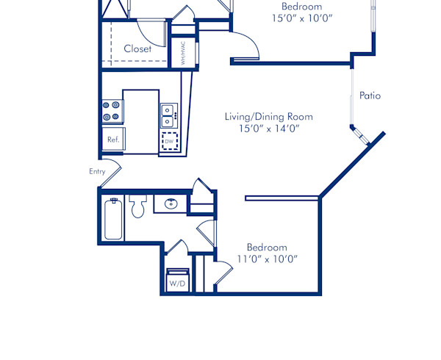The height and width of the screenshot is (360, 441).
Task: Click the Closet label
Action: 137,48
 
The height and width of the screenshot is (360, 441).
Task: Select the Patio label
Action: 370,96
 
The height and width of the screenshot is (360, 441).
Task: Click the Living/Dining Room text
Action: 268,116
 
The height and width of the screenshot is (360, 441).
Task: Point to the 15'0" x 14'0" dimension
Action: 268,129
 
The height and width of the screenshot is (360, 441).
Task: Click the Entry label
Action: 97,171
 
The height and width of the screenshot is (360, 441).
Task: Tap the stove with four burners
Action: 112,111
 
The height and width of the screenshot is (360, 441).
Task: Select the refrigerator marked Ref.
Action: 113,139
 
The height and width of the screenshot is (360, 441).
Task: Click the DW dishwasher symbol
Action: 170,141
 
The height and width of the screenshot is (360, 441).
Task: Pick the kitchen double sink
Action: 168,115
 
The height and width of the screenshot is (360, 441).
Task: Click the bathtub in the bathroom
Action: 113,219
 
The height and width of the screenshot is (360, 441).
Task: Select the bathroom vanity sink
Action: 171,204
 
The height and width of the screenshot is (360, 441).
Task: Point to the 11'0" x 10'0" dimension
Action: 267,259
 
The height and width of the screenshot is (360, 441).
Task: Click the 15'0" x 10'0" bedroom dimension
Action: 301,18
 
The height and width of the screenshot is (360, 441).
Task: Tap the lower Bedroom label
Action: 267,247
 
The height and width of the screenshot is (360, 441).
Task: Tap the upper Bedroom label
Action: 301,6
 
